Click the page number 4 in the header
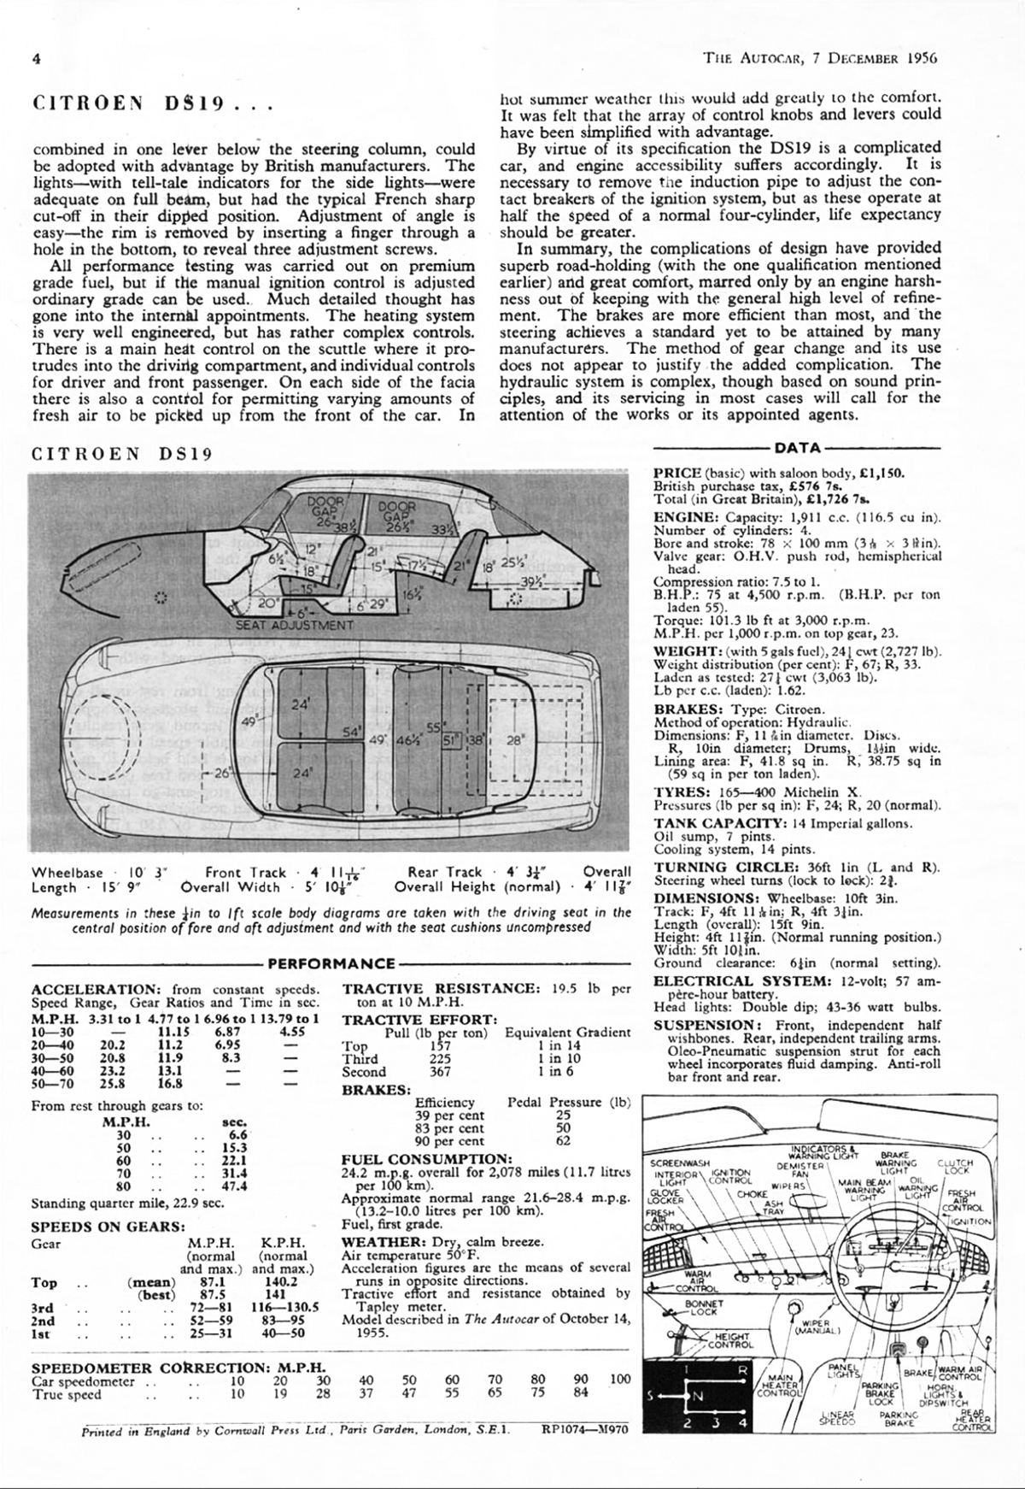(37, 58)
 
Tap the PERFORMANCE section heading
(332, 963)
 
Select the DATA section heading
(798, 447)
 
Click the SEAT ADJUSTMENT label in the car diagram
(295, 625)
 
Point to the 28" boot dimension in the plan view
(514, 741)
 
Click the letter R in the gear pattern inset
(742, 1370)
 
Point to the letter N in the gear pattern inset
(697, 1397)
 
